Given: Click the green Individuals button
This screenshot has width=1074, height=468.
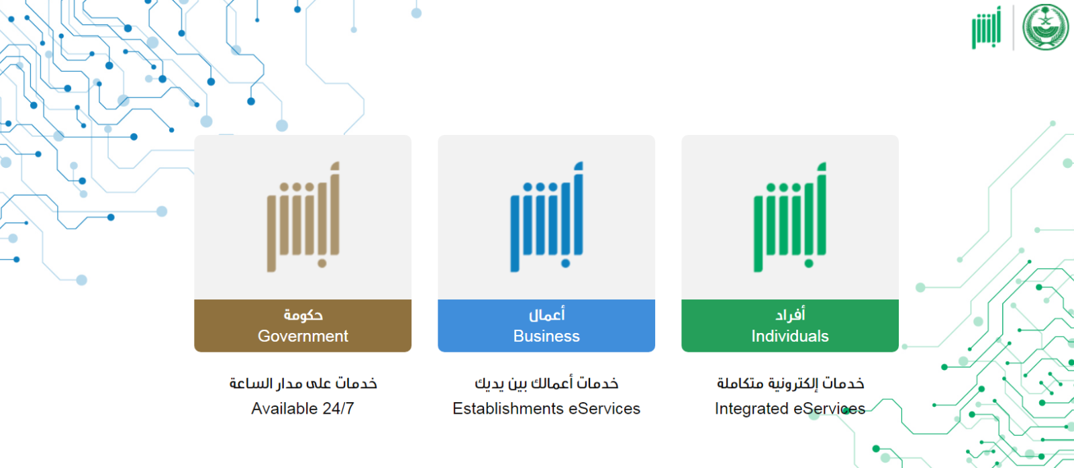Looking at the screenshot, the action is [x=789, y=326].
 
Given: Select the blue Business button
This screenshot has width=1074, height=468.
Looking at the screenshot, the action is [x=546, y=326].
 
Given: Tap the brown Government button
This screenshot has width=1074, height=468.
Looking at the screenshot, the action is [x=303, y=326].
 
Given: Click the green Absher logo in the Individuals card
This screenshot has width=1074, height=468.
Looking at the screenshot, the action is [x=789, y=218].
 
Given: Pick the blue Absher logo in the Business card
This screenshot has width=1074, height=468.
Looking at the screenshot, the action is [x=546, y=218].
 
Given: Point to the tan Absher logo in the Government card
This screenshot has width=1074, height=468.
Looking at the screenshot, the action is [x=303, y=218].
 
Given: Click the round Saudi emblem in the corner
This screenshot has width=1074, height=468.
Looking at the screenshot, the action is [x=1045, y=27].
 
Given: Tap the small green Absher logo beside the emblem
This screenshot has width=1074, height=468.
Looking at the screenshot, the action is [x=986, y=28].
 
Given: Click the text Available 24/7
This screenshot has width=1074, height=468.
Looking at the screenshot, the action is [x=303, y=408].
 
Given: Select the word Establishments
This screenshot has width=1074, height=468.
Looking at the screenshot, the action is [x=507, y=408].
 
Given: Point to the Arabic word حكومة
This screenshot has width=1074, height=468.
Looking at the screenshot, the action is [x=303, y=315].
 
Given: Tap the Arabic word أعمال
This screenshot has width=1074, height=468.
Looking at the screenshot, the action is [x=546, y=314].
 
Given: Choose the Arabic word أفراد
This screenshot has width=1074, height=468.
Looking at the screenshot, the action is [x=790, y=314].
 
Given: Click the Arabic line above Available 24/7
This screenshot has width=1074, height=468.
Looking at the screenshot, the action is [x=303, y=383].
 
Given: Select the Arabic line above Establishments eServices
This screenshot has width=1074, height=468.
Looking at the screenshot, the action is [x=546, y=383].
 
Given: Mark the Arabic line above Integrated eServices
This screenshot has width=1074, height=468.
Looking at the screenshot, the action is [x=790, y=383].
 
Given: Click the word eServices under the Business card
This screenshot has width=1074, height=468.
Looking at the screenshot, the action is [x=604, y=408].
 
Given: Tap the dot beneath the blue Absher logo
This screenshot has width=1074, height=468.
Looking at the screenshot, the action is [x=565, y=263].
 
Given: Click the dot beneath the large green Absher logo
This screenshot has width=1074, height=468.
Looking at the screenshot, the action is [x=809, y=263].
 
